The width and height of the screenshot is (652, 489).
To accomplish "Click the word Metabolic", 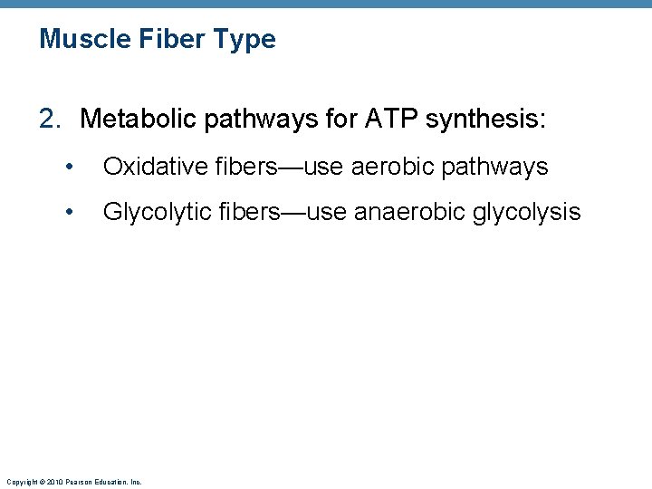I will pos(135,119).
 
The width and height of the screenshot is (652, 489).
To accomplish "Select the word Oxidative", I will pos(153,167).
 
